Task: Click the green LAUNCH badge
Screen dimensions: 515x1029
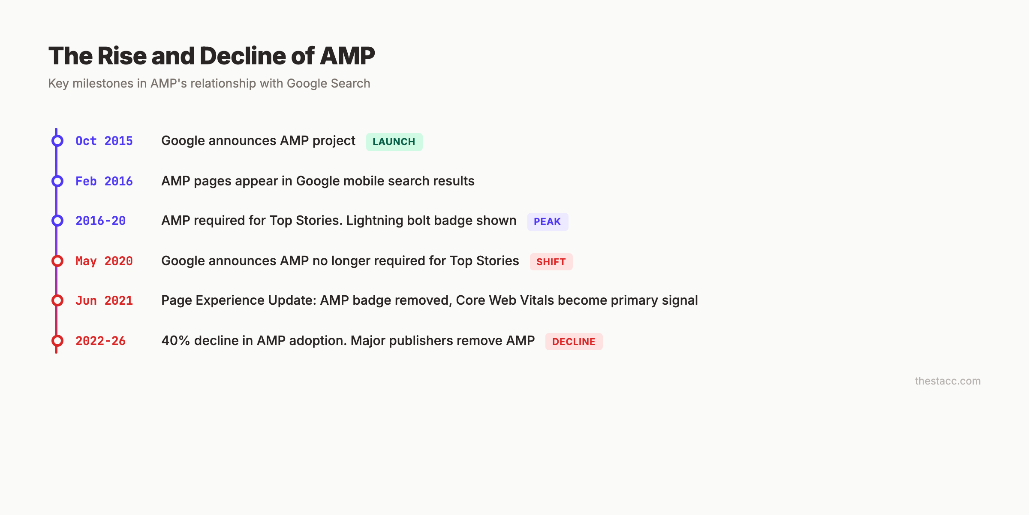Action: (394, 142)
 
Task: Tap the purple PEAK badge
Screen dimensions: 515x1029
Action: (547, 221)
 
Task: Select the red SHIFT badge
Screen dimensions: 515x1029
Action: (551, 262)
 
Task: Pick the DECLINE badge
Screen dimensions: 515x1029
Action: (574, 342)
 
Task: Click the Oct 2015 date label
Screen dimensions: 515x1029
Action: (104, 141)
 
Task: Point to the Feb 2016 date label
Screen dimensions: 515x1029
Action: (104, 181)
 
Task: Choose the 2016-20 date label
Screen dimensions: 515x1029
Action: (100, 221)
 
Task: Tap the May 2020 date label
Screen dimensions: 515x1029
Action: (104, 261)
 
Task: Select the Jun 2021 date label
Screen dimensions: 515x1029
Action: (104, 300)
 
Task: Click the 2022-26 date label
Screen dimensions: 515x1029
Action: (100, 341)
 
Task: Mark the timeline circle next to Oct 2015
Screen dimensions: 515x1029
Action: (57, 141)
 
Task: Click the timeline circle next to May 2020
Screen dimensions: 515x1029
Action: (57, 261)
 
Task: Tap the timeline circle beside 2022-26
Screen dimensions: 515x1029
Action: (57, 341)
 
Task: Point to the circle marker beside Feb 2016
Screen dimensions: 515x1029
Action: (57, 181)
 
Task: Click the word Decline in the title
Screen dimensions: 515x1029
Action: (243, 56)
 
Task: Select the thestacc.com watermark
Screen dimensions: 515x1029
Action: (948, 381)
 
